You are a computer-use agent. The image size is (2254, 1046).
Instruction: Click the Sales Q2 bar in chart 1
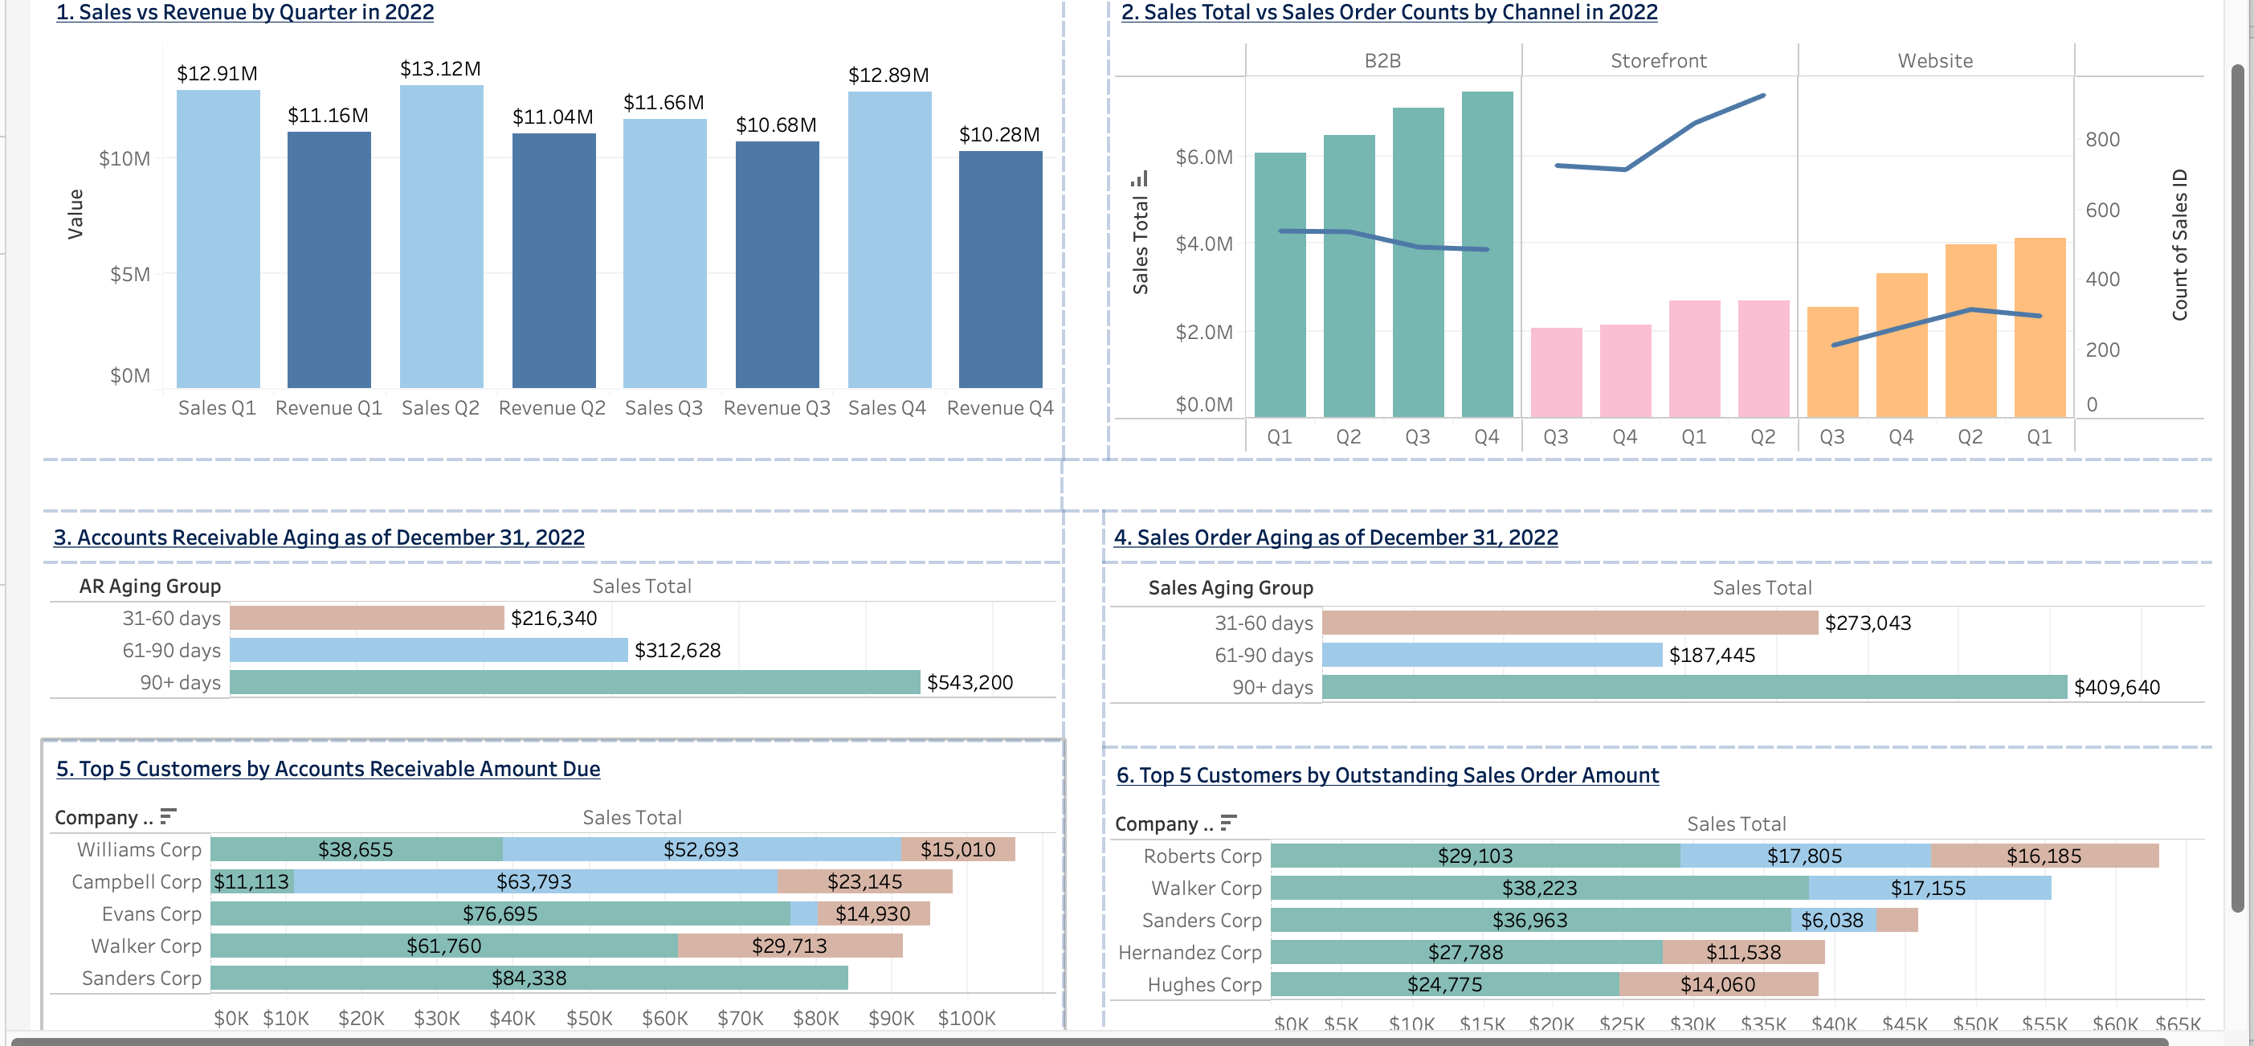pos(441,236)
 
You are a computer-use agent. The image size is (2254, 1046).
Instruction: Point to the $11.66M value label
pos(664,102)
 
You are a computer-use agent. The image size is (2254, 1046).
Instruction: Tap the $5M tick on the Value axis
pos(129,275)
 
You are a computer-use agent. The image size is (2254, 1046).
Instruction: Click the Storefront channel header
pos(1658,60)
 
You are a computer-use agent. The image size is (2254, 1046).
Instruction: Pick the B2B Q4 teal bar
pos(1487,254)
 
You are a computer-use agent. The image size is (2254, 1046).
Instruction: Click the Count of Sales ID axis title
pos(2179,245)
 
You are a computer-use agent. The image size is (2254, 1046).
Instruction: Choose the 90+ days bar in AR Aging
pos(574,683)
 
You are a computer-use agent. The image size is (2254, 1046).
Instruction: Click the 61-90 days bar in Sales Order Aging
pos(1491,656)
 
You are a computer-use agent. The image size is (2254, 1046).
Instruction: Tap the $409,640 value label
pos(2116,688)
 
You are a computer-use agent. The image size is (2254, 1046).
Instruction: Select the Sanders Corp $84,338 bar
pos(529,979)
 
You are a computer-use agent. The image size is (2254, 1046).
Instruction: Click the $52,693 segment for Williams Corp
pos(701,850)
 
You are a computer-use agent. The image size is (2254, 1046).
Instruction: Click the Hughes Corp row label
pos(1204,985)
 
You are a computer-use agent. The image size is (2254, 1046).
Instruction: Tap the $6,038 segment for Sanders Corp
pos(1832,921)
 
